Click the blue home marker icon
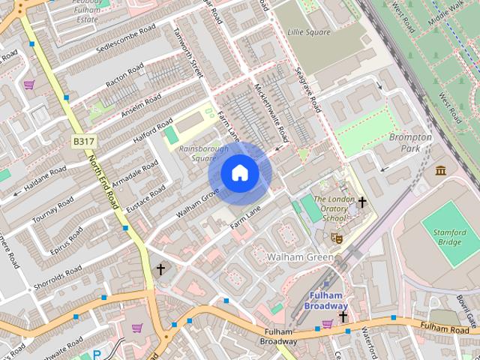239,173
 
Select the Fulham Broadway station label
327,301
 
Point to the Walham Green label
300,257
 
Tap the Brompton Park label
410,142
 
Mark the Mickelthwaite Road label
271,113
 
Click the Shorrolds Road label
59,277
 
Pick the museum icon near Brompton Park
440,171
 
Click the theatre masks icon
337,237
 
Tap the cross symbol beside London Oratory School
362,202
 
